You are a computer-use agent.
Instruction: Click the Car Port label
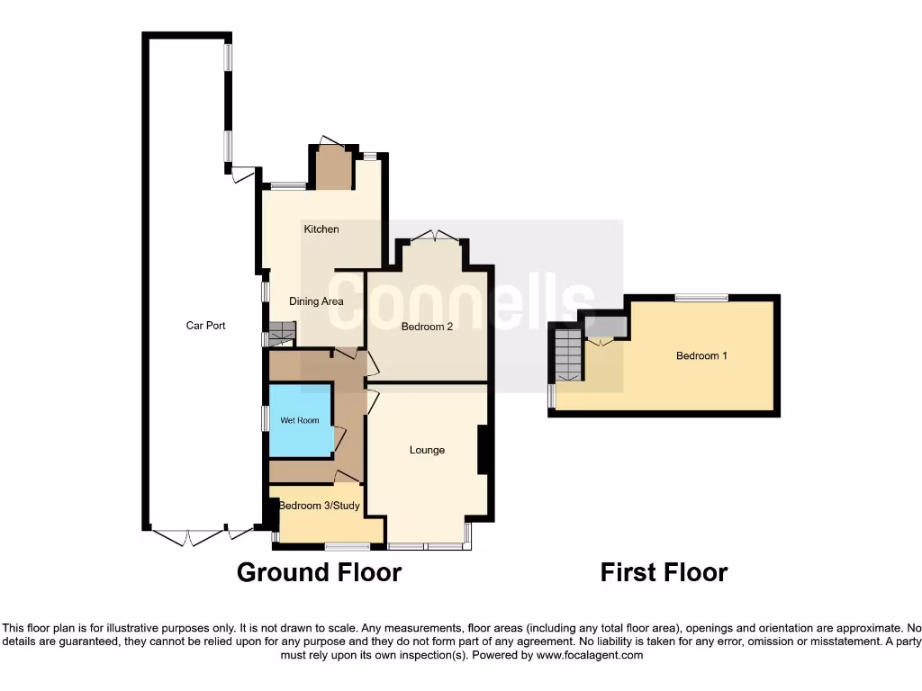pyautogui.click(x=205, y=326)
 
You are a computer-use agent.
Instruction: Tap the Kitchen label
pyautogui.click(x=321, y=229)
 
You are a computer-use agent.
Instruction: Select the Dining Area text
pyautogui.click(x=316, y=301)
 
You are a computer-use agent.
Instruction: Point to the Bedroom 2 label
pyautogui.click(x=427, y=327)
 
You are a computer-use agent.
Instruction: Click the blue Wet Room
pyautogui.click(x=301, y=420)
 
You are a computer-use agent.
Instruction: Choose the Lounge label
pyautogui.click(x=427, y=450)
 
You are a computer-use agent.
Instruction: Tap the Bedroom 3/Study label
pyautogui.click(x=319, y=506)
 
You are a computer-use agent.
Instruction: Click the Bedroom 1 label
pyautogui.click(x=701, y=355)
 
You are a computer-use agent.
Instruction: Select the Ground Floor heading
pyautogui.click(x=319, y=572)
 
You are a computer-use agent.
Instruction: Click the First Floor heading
pyautogui.click(x=664, y=572)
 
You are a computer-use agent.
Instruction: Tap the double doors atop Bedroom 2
pyautogui.click(x=434, y=237)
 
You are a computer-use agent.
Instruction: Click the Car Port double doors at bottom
pyautogui.click(x=188, y=538)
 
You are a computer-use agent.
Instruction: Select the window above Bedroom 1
pyautogui.click(x=702, y=298)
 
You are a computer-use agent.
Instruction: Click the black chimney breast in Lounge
pyautogui.click(x=483, y=449)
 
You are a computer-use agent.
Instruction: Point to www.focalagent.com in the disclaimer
pyautogui.click(x=590, y=656)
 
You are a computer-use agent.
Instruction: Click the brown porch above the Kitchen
pyautogui.click(x=334, y=168)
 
